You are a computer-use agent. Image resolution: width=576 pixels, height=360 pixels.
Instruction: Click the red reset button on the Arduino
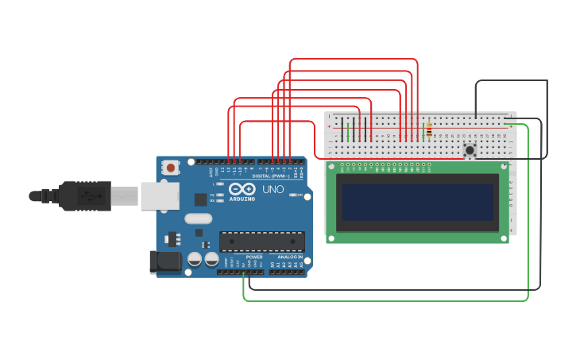[x=170, y=168]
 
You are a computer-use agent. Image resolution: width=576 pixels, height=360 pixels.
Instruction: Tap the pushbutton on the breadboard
[x=470, y=149]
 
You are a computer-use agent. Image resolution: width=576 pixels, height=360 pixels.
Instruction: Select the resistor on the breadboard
[x=429, y=130]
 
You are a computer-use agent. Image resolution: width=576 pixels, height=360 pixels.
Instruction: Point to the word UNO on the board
[x=273, y=189]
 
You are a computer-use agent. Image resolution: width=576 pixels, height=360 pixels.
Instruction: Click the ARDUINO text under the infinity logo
[x=242, y=199]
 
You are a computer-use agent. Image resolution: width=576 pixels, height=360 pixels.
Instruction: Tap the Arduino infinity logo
[x=242, y=189]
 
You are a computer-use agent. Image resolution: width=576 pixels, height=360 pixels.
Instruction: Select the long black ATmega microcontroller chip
[x=261, y=241]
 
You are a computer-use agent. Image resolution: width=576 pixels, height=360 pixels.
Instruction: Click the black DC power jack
[x=161, y=262]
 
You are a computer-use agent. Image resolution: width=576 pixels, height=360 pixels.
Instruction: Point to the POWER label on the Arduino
[x=254, y=257]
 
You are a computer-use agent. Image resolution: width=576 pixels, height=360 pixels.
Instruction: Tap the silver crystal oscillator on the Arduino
[x=199, y=219]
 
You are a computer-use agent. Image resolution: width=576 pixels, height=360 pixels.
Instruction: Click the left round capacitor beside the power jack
[x=195, y=259]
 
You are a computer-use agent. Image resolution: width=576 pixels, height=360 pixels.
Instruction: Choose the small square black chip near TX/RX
[x=199, y=200]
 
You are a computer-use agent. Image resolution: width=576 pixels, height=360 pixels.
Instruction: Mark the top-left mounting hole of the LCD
[x=331, y=167]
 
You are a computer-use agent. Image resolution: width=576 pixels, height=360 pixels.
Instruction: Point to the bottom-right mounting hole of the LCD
[x=504, y=238]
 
